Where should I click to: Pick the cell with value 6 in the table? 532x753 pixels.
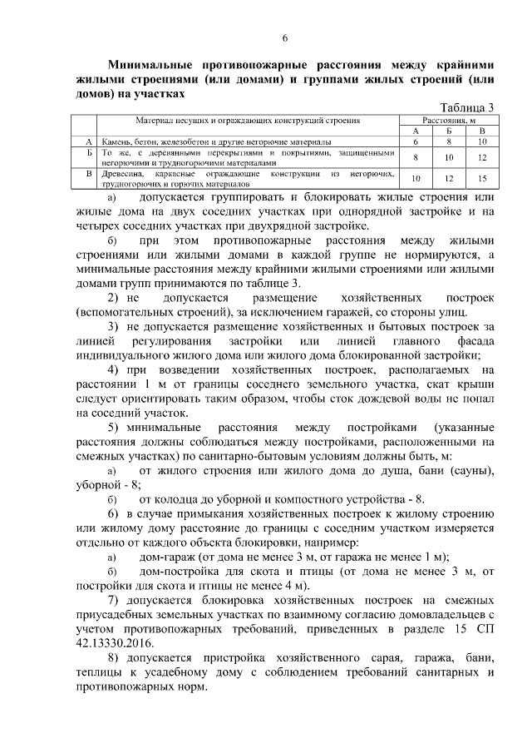coord(416,141)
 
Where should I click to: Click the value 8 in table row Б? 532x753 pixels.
coord(416,156)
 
